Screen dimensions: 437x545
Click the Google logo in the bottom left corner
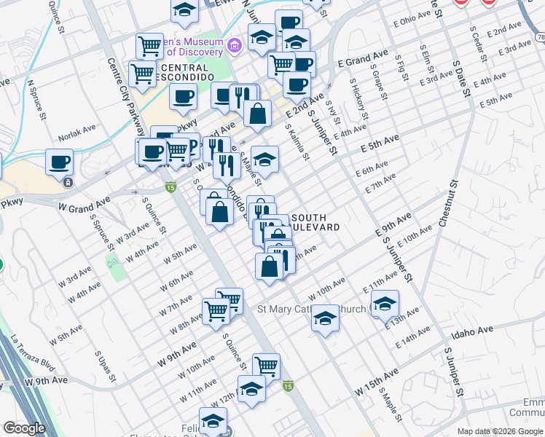(x=24, y=428)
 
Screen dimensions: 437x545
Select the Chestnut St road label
(x=447, y=204)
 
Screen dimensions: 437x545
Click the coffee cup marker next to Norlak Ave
(x=58, y=162)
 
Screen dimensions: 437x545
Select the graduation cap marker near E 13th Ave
(x=385, y=303)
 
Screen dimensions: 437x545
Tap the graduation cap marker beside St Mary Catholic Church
(x=326, y=318)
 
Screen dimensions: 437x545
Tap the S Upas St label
(x=106, y=366)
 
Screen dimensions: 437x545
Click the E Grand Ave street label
(x=362, y=57)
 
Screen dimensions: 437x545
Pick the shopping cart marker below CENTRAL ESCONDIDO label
(x=142, y=73)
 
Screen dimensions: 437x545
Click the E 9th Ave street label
(x=393, y=224)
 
